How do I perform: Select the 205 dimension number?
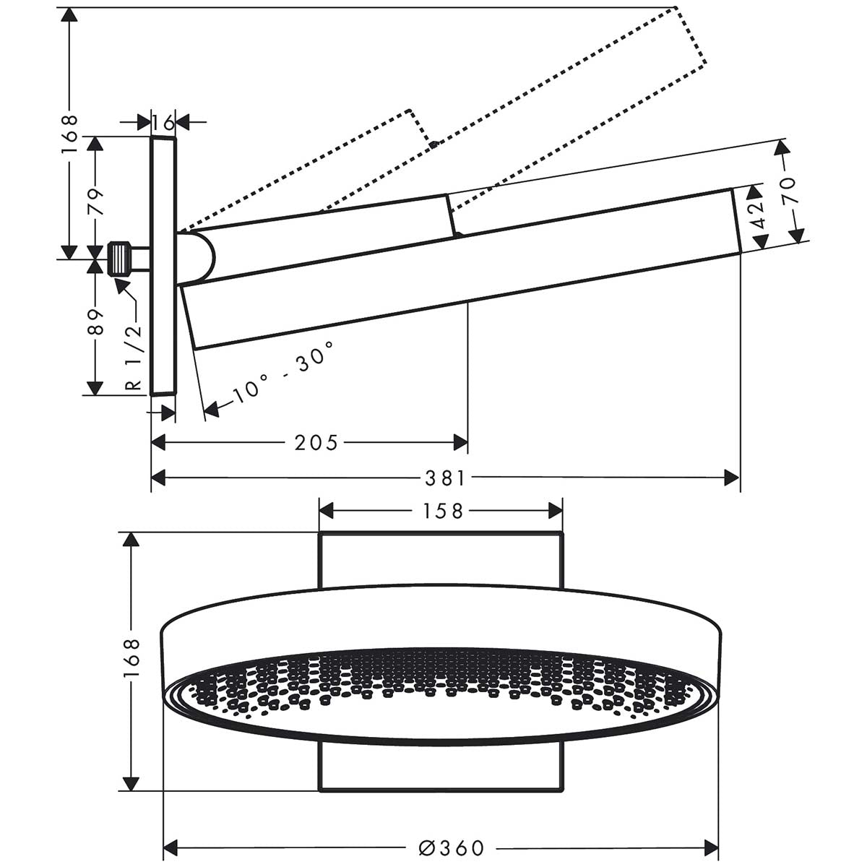316,442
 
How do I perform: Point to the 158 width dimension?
440,511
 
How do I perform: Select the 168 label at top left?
69,134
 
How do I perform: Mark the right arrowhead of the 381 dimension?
733,478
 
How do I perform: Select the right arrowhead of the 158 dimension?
556,511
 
